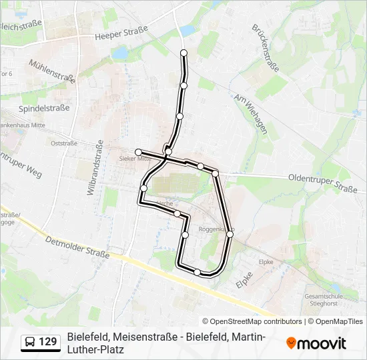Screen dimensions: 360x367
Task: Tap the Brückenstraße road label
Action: click(x=266, y=48)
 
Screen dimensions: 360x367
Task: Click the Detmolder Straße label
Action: click(x=77, y=247)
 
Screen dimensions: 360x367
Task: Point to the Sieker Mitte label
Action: click(x=133, y=159)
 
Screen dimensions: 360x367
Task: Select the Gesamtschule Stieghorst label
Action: click(x=324, y=299)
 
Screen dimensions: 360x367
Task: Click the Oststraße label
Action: click(x=64, y=143)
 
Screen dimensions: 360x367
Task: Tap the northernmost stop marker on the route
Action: click(x=184, y=53)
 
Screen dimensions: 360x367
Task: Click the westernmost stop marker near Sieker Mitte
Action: click(x=138, y=152)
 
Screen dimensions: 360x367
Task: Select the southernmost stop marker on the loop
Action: click(x=197, y=271)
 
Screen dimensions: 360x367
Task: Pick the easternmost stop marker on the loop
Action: click(x=230, y=234)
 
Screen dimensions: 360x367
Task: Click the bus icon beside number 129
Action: click(x=30, y=343)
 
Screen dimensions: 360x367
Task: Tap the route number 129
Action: click(x=48, y=343)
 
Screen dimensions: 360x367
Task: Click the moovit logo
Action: click(x=316, y=343)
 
